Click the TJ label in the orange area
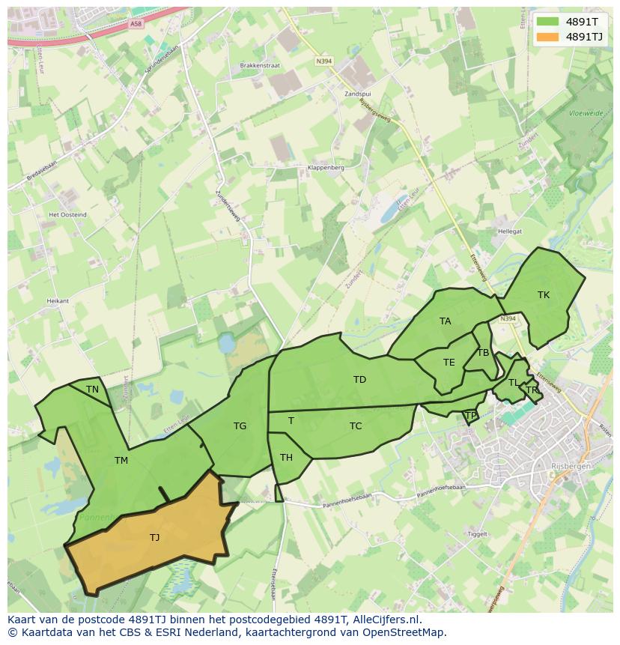[154, 537]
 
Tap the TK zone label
[544, 295]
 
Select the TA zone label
[446, 321]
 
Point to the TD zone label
[359, 380]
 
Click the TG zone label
[240, 426]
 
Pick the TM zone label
[121, 461]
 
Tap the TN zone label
[92, 390]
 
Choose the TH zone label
[286, 458]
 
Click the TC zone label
[356, 426]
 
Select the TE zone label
[449, 363]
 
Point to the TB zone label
[483, 353]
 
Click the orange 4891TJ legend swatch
[548, 37]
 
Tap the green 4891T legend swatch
[548, 22]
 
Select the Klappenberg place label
[326, 168]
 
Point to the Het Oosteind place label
[67, 215]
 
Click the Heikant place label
[58, 300]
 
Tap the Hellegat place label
[509, 232]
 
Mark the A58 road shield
[136, 24]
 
